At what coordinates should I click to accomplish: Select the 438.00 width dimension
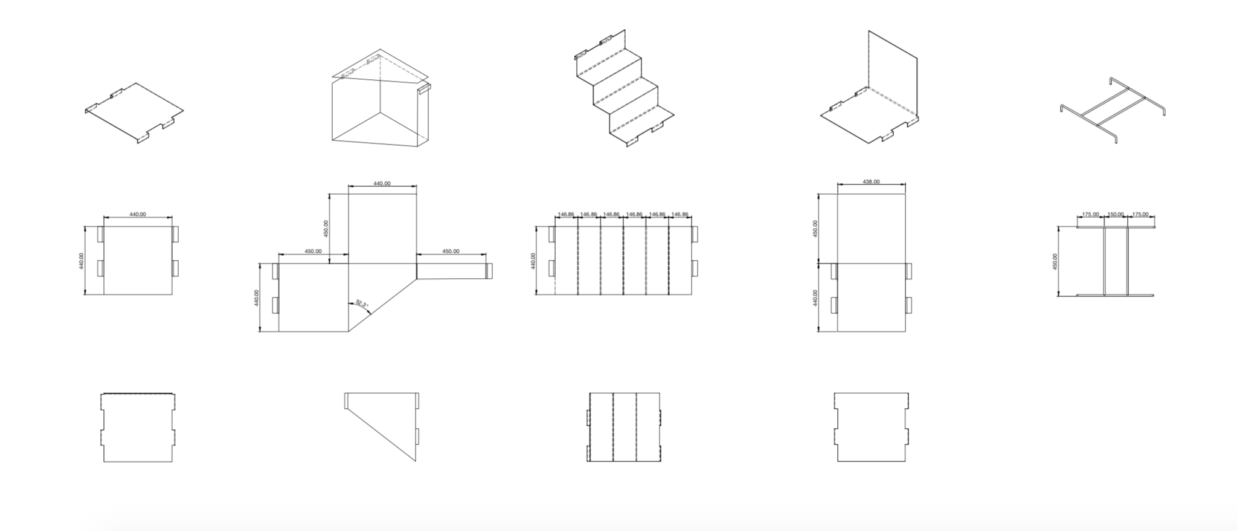coord(871,181)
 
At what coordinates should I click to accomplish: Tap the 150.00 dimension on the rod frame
coord(1116,214)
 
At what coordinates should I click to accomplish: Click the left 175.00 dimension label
coord(1090,214)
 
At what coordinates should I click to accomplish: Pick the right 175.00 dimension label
coord(1140,214)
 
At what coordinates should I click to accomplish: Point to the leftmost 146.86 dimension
coord(566,214)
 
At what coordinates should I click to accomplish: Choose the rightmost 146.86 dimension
coord(680,214)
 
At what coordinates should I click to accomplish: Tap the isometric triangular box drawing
coord(379,100)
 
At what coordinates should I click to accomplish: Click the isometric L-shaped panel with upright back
coord(870,91)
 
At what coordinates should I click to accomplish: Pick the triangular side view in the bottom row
coord(382,426)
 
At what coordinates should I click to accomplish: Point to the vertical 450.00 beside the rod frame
coord(1055,261)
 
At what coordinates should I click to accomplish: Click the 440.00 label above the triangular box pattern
coord(382,183)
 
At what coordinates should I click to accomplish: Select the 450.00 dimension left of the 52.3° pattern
coord(312,251)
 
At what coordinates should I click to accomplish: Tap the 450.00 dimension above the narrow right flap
coord(451,251)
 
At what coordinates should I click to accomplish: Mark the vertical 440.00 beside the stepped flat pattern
coord(533,261)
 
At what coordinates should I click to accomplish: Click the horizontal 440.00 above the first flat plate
coord(138,214)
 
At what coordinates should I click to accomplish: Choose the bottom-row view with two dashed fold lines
coord(624,427)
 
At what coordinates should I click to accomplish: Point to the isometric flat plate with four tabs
coord(134,113)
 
